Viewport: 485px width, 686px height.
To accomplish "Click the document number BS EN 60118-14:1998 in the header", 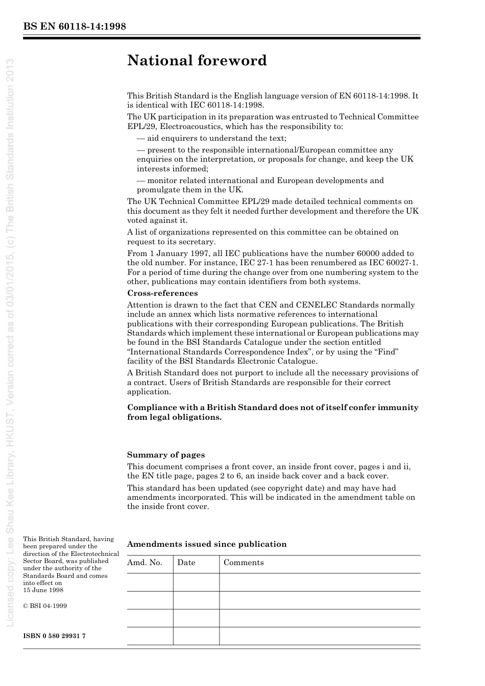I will coord(75,27).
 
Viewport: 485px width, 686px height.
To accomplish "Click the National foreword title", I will coord(197,61).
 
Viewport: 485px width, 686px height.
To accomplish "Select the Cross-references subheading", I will coord(162,293).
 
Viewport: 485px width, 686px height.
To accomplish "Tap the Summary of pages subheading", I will coord(165,455).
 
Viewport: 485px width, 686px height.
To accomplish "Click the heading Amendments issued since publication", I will coord(207,544).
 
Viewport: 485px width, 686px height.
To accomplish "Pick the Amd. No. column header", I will coord(144,563).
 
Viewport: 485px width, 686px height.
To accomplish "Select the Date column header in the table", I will coord(186,563).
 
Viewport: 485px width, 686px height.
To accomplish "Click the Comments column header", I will coord(244,563).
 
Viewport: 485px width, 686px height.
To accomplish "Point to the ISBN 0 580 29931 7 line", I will coord(55,636).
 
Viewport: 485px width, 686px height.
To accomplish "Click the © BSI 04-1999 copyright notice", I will coord(45,606).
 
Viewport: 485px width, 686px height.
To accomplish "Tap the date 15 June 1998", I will coord(43,590).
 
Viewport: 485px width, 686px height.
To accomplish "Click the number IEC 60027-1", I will coord(393,263).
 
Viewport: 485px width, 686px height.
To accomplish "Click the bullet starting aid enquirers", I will coord(211,138).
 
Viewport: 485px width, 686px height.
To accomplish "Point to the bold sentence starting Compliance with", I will coord(273,412).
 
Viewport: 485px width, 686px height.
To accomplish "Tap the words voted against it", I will coord(157,220).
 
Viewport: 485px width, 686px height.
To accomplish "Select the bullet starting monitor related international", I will coord(260,185).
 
